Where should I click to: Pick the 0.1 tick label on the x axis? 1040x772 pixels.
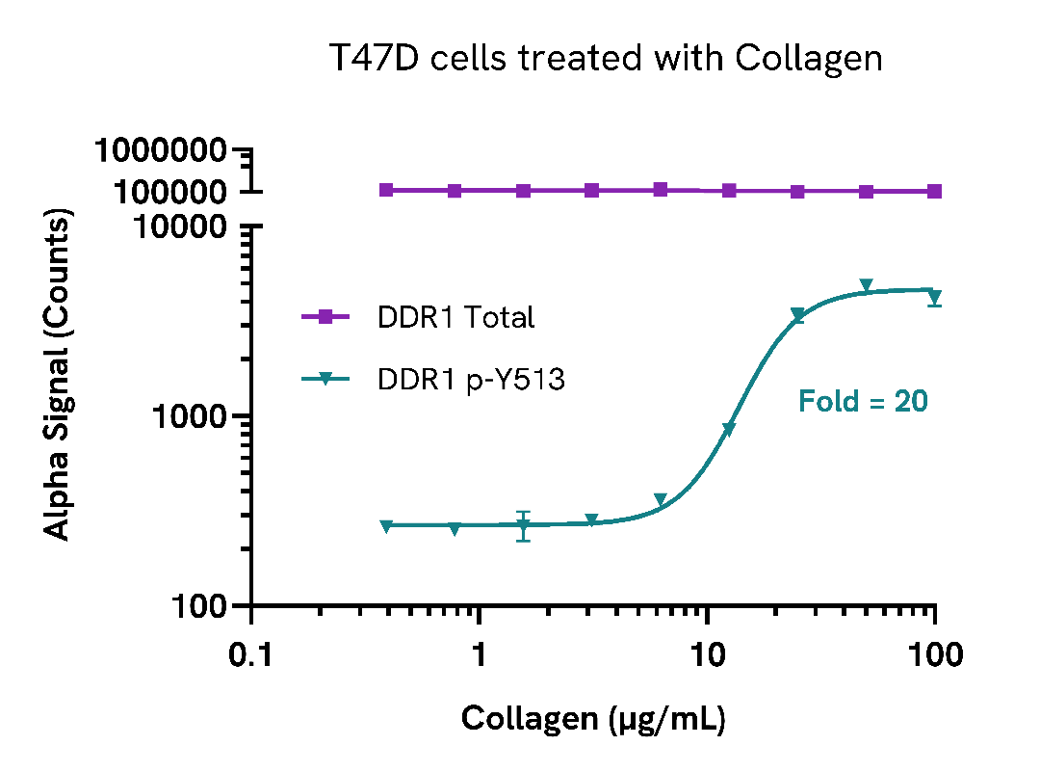pyautogui.click(x=252, y=656)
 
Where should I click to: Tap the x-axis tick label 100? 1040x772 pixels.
pyautogui.click(x=934, y=656)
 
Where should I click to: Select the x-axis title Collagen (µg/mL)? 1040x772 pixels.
pyautogui.click(x=593, y=719)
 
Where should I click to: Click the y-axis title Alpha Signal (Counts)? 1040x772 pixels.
pyautogui.click(x=60, y=377)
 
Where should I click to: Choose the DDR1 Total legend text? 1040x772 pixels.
pyautogui.click(x=455, y=317)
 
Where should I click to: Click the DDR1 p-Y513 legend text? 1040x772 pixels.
pyautogui.click(x=471, y=381)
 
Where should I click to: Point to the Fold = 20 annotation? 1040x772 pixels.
pyautogui.click(x=863, y=401)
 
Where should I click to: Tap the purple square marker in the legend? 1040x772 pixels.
pyautogui.click(x=325, y=317)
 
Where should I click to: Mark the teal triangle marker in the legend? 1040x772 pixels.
pyautogui.click(x=325, y=381)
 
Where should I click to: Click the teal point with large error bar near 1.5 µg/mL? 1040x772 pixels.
pyautogui.click(x=523, y=526)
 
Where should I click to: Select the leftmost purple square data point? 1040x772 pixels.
pyautogui.click(x=386, y=190)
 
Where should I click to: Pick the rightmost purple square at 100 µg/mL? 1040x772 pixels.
pyautogui.click(x=934, y=191)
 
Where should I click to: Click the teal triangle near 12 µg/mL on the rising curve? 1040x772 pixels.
pyautogui.click(x=729, y=430)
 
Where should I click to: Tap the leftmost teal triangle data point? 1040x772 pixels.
pyautogui.click(x=386, y=526)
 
